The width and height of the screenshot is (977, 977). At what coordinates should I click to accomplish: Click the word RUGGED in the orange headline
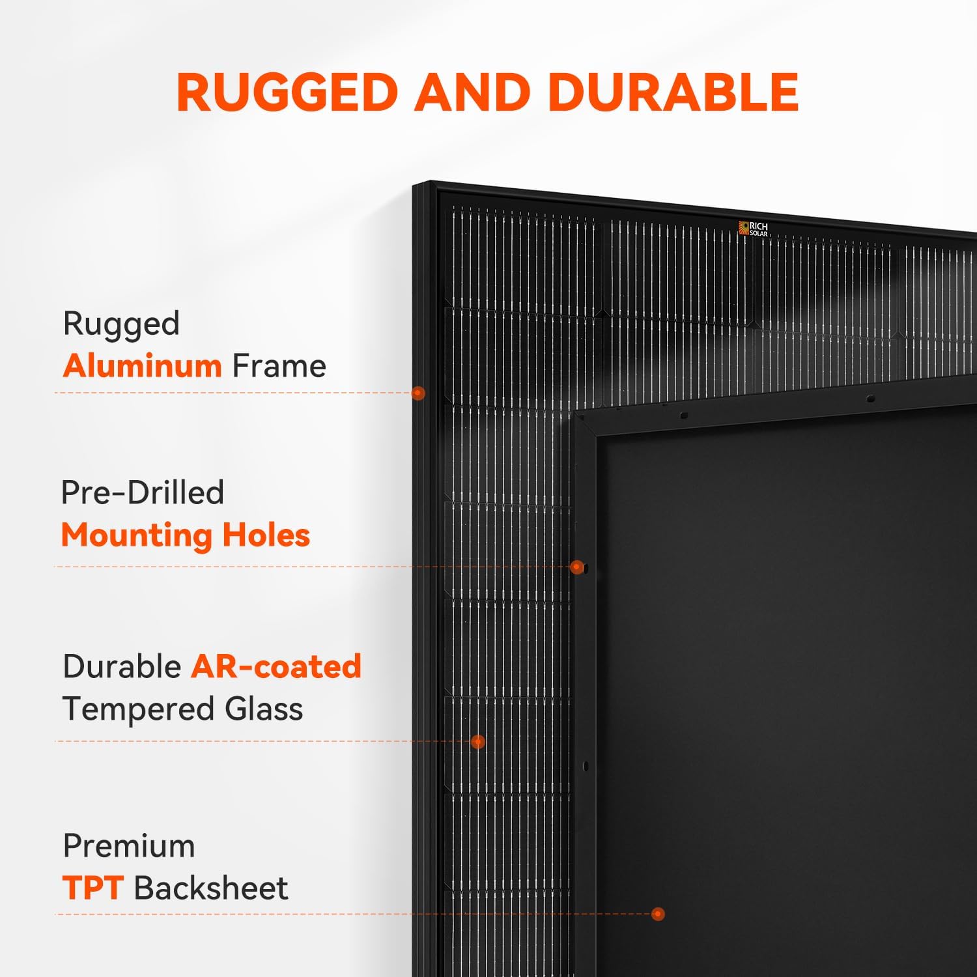click(287, 92)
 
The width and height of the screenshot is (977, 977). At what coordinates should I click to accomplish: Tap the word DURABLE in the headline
click(673, 92)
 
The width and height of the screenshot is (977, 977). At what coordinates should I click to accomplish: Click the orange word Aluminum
click(142, 365)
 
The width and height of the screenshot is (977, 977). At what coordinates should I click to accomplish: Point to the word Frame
click(279, 365)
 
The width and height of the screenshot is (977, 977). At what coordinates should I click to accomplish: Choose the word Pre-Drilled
click(143, 492)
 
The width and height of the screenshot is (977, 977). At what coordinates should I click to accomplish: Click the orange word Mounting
click(137, 535)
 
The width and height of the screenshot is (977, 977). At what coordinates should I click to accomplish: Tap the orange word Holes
click(266, 535)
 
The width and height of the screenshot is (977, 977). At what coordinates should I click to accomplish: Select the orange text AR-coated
click(276, 666)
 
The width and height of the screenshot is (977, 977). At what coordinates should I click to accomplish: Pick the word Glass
click(264, 709)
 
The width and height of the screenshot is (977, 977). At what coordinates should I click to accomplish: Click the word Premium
click(129, 846)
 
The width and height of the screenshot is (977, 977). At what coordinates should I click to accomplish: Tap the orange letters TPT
click(93, 888)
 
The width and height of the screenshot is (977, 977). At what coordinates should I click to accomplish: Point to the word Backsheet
click(211, 888)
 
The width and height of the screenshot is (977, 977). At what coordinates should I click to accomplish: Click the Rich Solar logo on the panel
click(753, 228)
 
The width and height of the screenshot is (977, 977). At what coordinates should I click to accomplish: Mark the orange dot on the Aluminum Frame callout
click(418, 393)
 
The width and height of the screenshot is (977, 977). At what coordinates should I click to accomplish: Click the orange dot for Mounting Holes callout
click(576, 567)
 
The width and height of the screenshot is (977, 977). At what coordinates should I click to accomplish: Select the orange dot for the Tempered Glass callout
click(478, 741)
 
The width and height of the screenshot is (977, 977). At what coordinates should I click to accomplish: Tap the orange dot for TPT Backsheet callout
click(658, 914)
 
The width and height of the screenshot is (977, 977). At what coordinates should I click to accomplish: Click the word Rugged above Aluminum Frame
click(121, 324)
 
